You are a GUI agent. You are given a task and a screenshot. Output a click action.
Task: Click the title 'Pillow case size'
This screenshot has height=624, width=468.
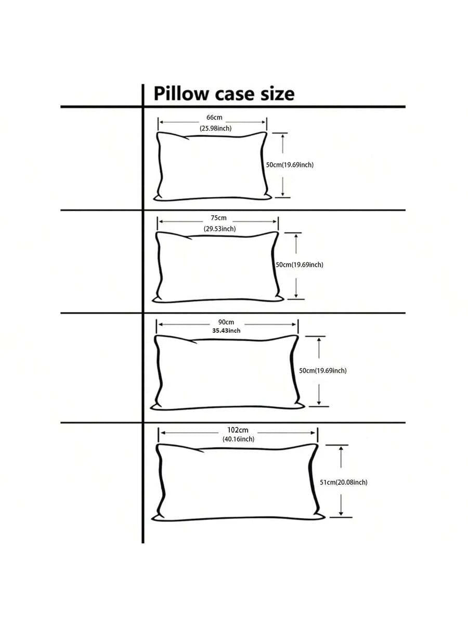tap(224, 94)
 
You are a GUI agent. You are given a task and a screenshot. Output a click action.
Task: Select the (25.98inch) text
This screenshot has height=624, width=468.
tap(215, 128)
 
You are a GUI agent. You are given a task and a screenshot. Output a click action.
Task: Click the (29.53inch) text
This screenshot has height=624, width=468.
tap(219, 228)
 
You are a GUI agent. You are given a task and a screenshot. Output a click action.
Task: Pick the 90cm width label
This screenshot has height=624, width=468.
tap(226, 322)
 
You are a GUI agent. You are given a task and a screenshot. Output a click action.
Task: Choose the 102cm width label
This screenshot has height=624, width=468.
tap(238, 430)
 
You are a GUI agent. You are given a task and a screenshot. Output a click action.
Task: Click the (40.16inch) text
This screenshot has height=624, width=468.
tap(238, 439)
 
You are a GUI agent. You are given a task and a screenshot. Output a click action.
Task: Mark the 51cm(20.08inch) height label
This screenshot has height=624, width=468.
tap(343, 483)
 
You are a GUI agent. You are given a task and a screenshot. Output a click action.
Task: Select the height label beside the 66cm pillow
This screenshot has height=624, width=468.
tap(290, 165)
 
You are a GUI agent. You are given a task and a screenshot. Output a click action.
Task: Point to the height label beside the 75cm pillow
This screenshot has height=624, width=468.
tap(299, 265)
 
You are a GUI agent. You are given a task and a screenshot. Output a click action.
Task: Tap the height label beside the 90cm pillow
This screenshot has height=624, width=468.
tap(322, 371)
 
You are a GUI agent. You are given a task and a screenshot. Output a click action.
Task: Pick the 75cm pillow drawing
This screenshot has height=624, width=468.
tap(217, 266)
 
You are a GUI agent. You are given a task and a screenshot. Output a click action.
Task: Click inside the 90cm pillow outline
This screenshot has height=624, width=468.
tap(227, 372)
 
